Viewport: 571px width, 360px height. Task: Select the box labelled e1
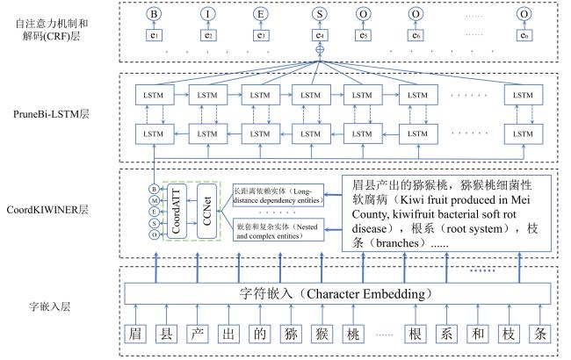point(155,36)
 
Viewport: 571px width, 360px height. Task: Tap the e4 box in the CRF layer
point(314,36)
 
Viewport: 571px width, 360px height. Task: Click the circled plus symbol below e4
point(314,53)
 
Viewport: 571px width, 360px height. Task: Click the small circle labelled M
point(154,200)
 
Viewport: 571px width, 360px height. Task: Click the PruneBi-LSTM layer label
point(59,114)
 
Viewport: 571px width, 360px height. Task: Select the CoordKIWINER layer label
point(59,210)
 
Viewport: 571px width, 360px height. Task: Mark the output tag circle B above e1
point(155,15)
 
